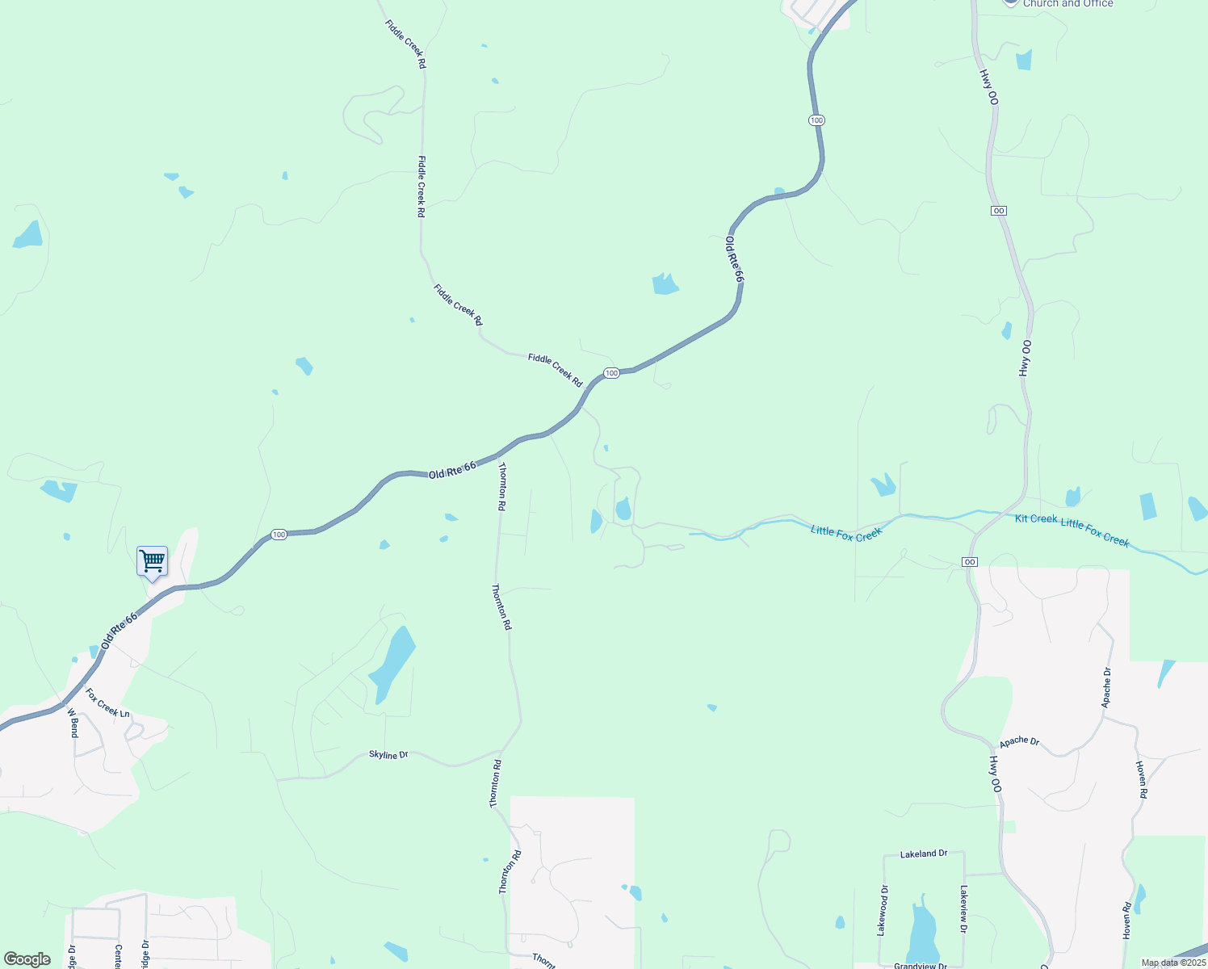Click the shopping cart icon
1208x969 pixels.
click(x=152, y=560)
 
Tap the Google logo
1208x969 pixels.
click(x=27, y=959)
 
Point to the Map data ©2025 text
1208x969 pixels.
click(x=1173, y=963)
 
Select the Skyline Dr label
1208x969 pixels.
click(x=388, y=754)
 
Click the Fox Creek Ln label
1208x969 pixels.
click(x=107, y=703)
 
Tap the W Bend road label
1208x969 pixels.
click(x=73, y=723)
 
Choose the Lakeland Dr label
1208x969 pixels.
click(x=924, y=854)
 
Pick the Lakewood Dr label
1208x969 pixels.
click(x=883, y=911)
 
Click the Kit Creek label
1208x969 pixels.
click(x=1036, y=518)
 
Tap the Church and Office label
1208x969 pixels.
click(x=1067, y=4)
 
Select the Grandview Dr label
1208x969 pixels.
click(x=921, y=966)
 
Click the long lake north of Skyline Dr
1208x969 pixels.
click(x=392, y=664)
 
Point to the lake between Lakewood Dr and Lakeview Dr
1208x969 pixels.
click(x=922, y=935)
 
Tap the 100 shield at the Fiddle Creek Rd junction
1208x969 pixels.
click(x=611, y=373)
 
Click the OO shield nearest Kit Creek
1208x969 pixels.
click(x=970, y=562)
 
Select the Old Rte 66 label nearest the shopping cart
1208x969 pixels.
click(x=120, y=631)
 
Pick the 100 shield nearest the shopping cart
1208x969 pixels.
click(x=279, y=535)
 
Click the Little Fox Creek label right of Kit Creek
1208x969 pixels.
click(x=1095, y=533)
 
